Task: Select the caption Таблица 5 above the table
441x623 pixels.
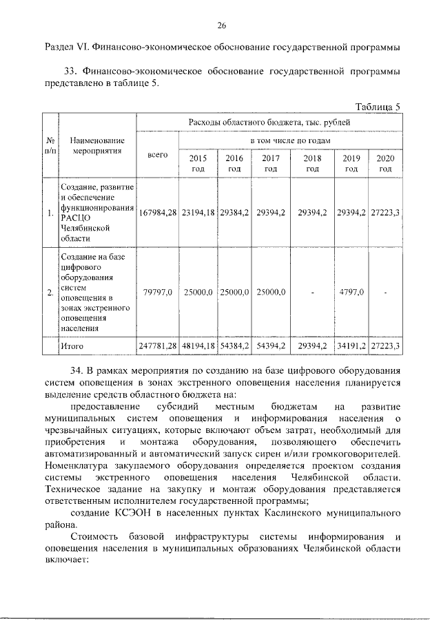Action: coord(377,106)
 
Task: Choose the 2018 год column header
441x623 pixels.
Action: coord(313,163)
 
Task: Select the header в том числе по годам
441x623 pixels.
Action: coord(289,140)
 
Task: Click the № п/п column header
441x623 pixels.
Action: coord(49,145)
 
